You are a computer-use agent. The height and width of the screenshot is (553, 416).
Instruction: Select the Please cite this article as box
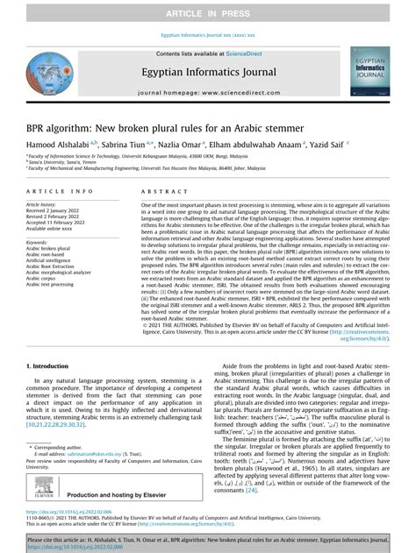208,542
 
